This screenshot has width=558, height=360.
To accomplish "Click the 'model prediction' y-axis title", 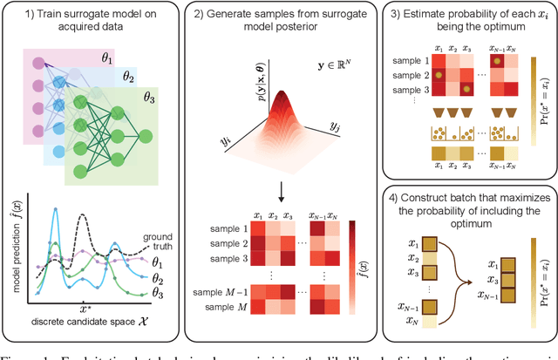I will click(11, 244).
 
